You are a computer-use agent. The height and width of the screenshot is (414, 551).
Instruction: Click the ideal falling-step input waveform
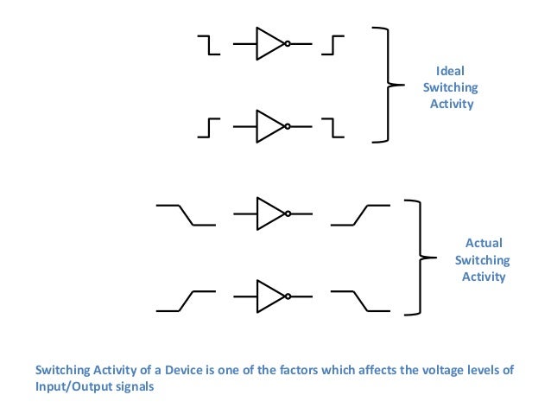pyautogui.click(x=208, y=44)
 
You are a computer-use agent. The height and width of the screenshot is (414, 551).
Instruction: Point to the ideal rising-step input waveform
pyautogui.click(x=208, y=128)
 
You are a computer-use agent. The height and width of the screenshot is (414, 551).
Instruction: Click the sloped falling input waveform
pyautogui.click(x=185, y=214)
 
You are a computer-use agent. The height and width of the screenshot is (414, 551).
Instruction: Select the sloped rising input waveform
pyautogui.click(x=185, y=299)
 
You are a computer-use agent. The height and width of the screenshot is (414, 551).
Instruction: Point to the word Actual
pyautogui.click(x=484, y=243)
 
